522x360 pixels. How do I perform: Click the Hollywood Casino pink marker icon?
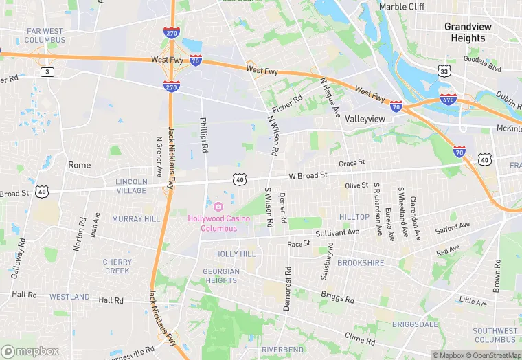218,206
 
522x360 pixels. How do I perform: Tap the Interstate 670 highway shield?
449,99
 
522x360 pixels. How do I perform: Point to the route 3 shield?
47,71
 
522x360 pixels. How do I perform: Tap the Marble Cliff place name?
402,7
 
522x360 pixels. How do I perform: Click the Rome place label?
79,165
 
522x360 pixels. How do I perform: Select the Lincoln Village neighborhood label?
131,186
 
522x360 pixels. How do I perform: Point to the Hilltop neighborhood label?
354,217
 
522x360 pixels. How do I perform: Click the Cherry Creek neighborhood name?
117,266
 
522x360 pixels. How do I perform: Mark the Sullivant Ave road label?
338,233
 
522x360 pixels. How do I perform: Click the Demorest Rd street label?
287,289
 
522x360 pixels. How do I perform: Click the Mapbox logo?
30,351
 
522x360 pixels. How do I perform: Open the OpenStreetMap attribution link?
493,355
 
